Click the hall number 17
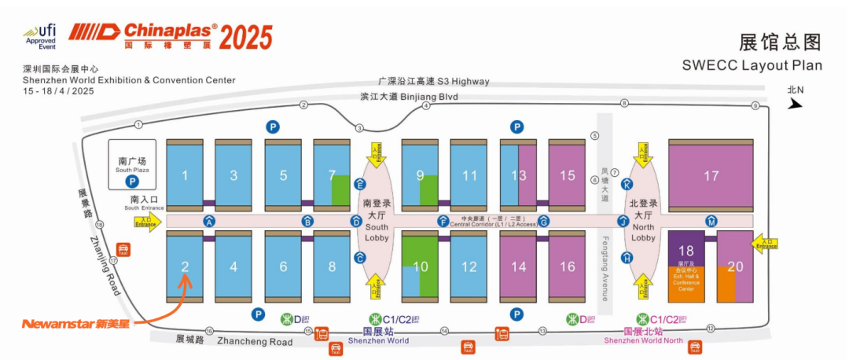[711, 176]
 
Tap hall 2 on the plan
[186, 266]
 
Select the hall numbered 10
[421, 266]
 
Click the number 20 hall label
[735, 266]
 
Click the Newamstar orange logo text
[75, 323]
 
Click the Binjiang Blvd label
[409, 97]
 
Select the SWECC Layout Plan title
[752, 65]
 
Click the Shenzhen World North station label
[643, 340]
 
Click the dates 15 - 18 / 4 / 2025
[60, 91]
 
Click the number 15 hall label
[567, 176]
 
